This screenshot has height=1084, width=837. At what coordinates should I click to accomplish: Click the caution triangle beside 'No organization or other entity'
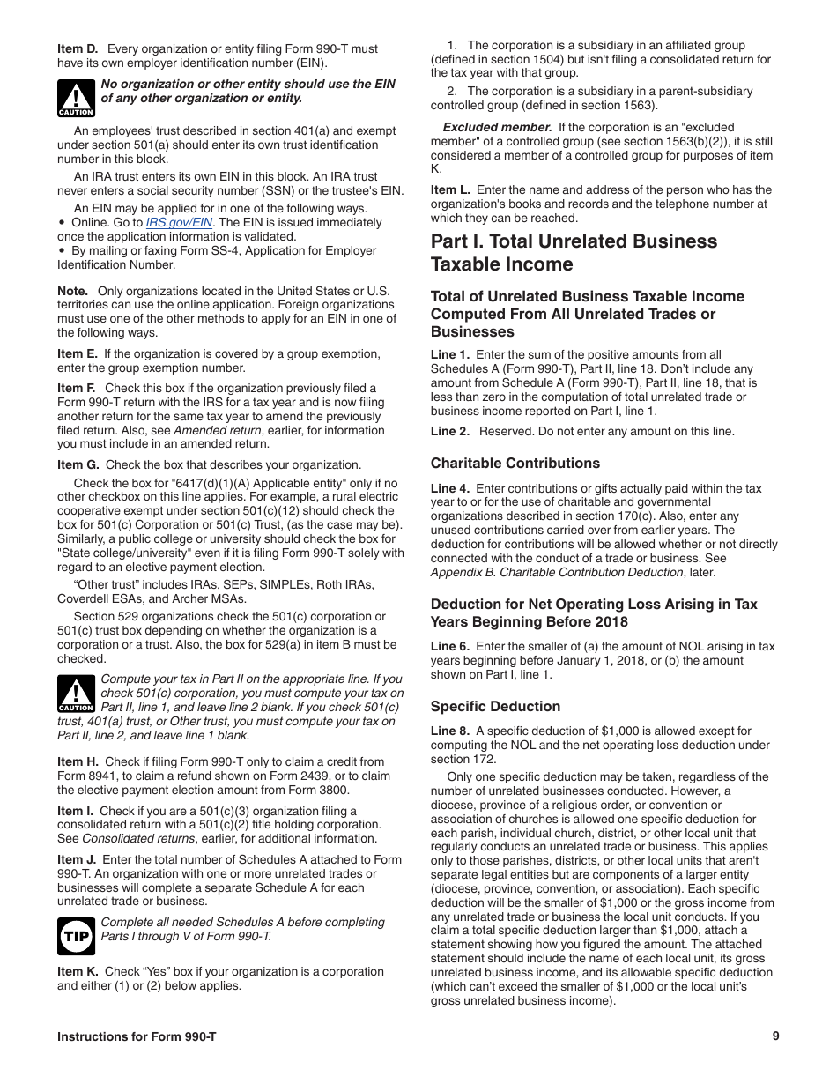coord(77,98)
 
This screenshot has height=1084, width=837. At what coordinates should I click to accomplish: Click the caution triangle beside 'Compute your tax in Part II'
coord(77,694)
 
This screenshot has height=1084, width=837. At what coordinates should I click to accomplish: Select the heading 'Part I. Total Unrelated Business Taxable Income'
coord(574,253)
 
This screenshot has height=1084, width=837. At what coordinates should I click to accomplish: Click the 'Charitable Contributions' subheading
coord(515,464)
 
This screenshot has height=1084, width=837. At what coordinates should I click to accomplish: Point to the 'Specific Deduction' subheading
coord(495,707)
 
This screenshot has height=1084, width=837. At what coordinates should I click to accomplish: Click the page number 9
coord(775,1036)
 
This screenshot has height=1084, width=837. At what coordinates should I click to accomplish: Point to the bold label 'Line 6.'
coord(450,647)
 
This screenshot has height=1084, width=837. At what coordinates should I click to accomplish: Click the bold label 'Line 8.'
coord(450,731)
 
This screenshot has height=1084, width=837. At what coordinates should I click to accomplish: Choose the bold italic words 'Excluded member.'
coord(497,128)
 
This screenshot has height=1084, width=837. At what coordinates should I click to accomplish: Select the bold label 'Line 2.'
coord(450,432)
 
